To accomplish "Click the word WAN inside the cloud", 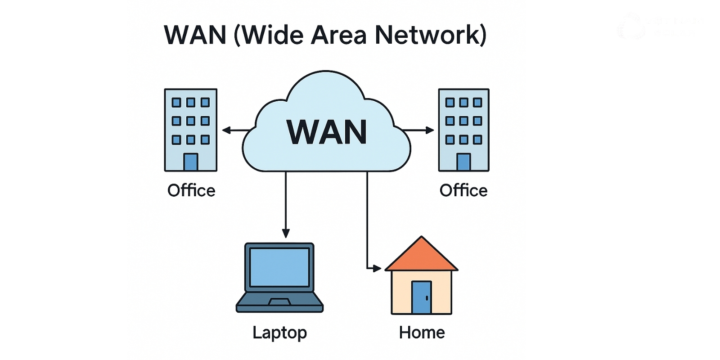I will pyautogui.click(x=327, y=132).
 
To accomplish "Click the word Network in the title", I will pyautogui.click(x=430, y=35).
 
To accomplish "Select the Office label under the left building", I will pyautogui.click(x=191, y=190).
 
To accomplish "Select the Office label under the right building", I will pyautogui.click(x=463, y=190).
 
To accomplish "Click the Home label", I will pyautogui.click(x=422, y=333).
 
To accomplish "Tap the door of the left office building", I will pyautogui.click(x=191, y=162).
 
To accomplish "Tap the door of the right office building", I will pyautogui.click(x=463, y=162).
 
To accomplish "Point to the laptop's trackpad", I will pyautogui.click(x=279, y=301).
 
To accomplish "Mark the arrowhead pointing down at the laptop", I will pyautogui.click(x=286, y=233).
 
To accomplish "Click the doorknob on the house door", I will pyautogui.click(x=427, y=298).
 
